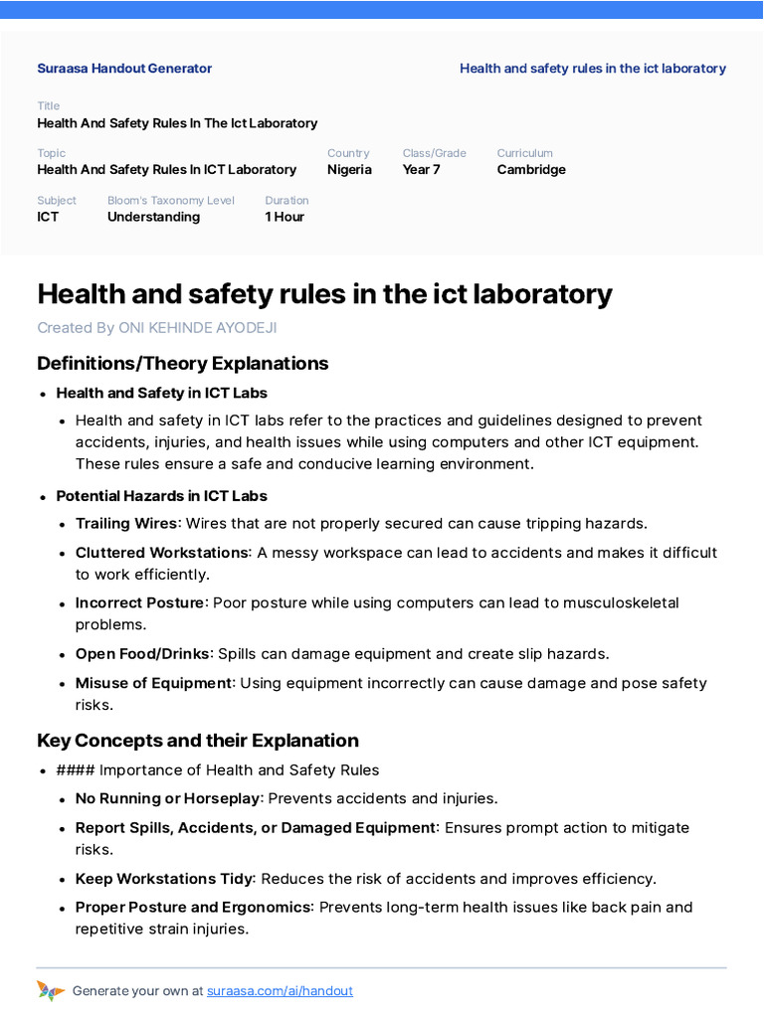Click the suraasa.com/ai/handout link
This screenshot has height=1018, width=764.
click(280, 991)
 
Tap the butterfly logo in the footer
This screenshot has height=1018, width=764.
click(50, 990)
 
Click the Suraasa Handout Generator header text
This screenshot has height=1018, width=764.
click(124, 69)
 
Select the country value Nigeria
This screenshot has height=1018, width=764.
click(349, 169)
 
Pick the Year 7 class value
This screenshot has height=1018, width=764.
click(421, 169)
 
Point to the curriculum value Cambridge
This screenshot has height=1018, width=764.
click(531, 169)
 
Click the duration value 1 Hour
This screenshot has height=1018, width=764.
click(285, 217)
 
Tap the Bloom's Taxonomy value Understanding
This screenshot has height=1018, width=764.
click(153, 217)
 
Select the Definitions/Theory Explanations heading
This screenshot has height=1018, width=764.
click(182, 363)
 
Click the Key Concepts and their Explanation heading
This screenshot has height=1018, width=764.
click(198, 741)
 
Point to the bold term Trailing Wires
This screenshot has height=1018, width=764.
click(126, 523)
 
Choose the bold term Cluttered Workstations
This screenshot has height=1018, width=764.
click(161, 553)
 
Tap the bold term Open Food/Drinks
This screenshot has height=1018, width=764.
click(143, 654)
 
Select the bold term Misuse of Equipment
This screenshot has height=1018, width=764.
click(153, 683)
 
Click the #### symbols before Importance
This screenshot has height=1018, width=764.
click(76, 770)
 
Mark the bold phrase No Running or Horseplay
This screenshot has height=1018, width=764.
click(167, 798)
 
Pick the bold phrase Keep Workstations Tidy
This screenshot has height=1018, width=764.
click(164, 879)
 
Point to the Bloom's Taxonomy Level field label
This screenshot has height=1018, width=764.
click(171, 201)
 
